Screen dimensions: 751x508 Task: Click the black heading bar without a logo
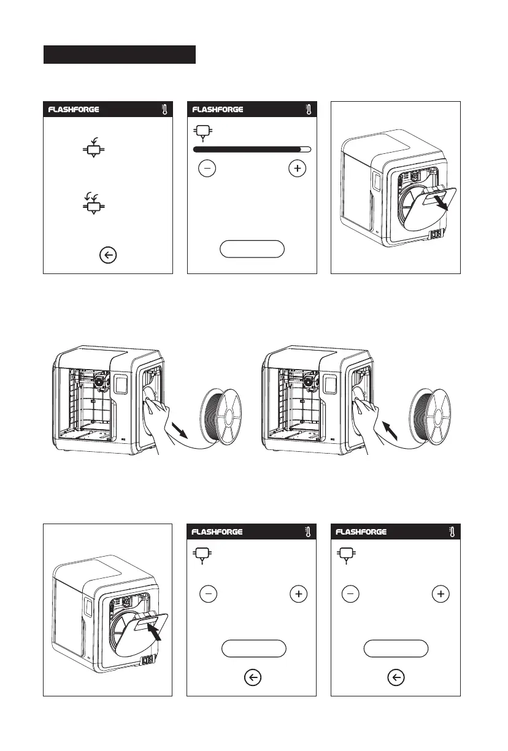(119, 55)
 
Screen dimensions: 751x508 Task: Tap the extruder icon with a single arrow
(93, 149)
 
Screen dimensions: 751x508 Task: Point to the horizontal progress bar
(252, 149)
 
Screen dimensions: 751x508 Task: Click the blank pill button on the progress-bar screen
(252, 248)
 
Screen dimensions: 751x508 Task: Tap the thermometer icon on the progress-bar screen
(307, 110)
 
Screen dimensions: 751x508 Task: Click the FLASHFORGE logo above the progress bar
(218, 110)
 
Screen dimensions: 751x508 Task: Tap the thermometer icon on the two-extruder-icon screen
(163, 110)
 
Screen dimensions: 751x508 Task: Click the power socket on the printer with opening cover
(437, 235)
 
